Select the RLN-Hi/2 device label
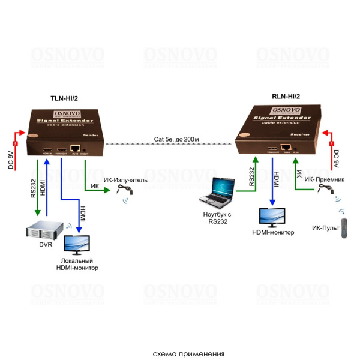point(286,96)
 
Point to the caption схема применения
point(180,353)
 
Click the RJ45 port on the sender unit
point(76,148)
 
